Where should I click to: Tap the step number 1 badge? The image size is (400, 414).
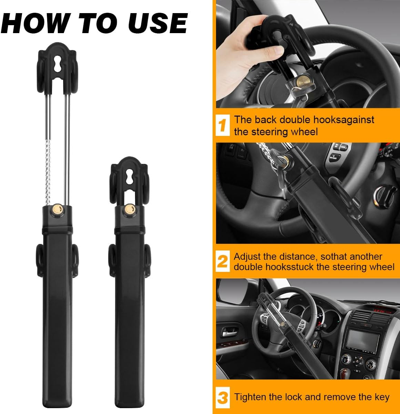[x=223, y=125]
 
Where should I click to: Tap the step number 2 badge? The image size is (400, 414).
[x=223, y=262]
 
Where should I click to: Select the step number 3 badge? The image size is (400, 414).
[x=223, y=397]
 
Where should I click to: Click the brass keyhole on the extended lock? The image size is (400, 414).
[x=57, y=209]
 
